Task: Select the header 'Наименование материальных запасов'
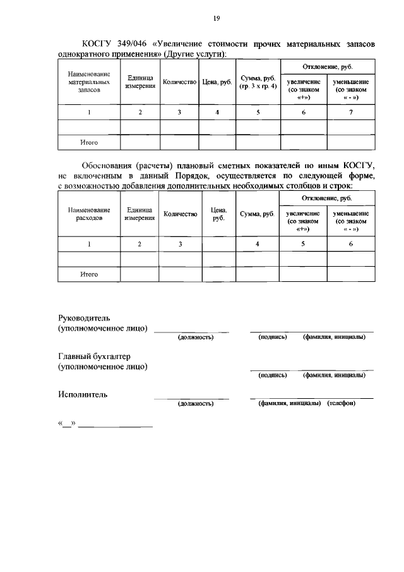coord(89,82)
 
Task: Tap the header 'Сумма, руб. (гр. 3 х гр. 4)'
coord(258,82)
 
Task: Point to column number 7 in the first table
coord(350,112)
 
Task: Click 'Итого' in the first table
coord(89,142)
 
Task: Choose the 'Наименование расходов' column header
coord(89,214)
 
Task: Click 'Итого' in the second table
coord(89,274)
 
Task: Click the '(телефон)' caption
coord(342,403)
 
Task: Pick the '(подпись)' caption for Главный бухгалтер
coord(273,375)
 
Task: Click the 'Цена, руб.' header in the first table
coord(217,82)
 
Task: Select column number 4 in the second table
coord(258,244)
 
